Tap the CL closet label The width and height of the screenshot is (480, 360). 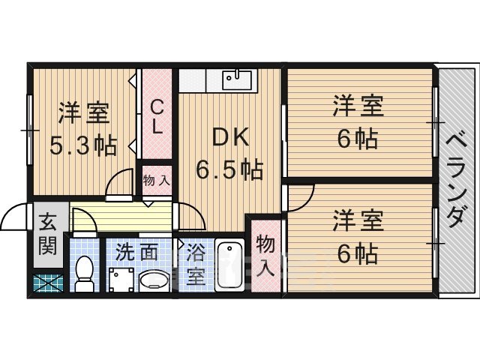point(157,116)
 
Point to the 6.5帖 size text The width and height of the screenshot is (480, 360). point(229,169)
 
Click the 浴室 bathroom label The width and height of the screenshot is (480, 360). point(194,265)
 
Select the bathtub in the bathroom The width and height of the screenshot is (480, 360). point(229,265)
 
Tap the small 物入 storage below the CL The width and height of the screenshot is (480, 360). point(156,181)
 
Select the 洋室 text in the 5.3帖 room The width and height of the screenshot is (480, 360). point(84,115)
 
